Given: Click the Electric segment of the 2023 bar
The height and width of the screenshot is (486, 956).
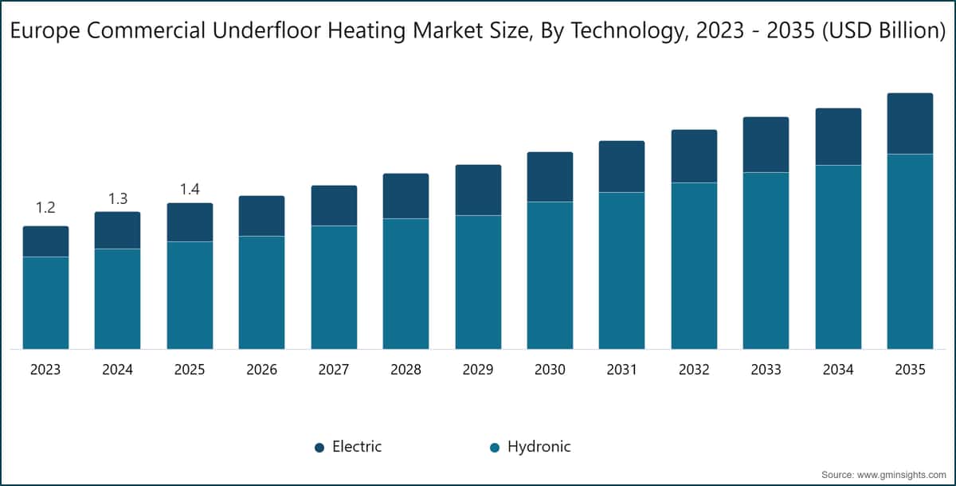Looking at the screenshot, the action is click(x=45, y=241).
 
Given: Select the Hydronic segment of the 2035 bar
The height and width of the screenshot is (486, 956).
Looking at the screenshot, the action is click(x=910, y=251).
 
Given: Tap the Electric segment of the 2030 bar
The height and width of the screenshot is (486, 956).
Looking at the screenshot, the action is click(x=550, y=177).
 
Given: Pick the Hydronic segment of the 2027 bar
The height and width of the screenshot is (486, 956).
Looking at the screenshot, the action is click(x=334, y=287).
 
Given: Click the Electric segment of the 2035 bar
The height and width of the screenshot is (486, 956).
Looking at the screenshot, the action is click(x=910, y=123).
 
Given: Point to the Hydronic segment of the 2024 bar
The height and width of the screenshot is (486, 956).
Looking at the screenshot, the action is click(x=117, y=299).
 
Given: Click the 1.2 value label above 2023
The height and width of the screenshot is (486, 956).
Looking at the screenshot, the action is click(x=45, y=208).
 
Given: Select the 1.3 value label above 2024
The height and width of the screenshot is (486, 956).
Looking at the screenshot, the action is click(x=118, y=199).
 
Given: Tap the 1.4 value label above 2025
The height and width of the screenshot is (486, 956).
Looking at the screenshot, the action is click(x=190, y=189).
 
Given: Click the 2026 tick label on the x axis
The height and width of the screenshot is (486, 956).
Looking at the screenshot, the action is click(x=261, y=370).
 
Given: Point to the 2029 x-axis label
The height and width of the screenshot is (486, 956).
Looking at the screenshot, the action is click(x=478, y=370).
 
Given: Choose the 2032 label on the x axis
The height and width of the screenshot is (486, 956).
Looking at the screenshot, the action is click(x=694, y=370).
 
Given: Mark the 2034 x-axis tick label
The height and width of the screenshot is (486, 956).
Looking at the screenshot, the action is click(x=838, y=370).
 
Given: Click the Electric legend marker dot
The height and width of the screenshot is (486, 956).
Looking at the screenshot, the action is click(x=319, y=448).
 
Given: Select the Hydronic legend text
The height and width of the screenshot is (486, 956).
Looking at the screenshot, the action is click(x=539, y=447).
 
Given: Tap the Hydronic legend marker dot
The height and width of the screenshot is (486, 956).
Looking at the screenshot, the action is click(x=495, y=448).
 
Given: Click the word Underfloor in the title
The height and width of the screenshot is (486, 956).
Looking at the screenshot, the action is click(x=267, y=31).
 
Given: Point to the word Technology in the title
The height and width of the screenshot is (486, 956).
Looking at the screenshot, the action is click(x=629, y=32).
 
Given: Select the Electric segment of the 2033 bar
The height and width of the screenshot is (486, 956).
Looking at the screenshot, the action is click(x=766, y=145).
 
